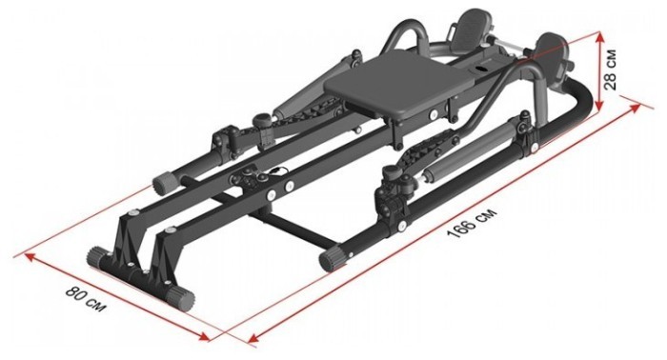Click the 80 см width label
pos(85,299)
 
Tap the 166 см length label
pos(472,224)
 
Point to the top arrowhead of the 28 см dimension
pos(599,37)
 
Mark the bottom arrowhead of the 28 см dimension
pos(599,105)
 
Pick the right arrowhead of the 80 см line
pos(204,336)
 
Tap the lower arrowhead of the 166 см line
pos(254,337)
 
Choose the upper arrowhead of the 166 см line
pos(635,108)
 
